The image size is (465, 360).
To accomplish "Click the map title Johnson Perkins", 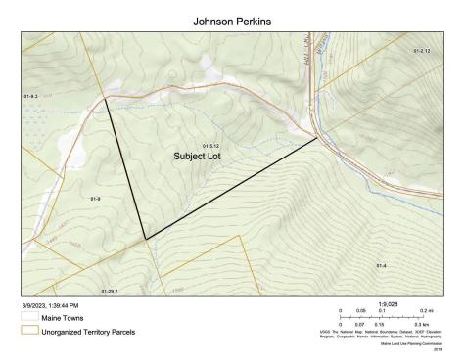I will pyautogui.click(x=232, y=20).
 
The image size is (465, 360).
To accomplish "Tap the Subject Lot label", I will pyautogui.click(x=198, y=156).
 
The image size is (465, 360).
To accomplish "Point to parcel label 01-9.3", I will pyautogui.click(x=30, y=97).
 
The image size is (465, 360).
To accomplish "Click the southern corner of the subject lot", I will pyautogui.click(x=145, y=240).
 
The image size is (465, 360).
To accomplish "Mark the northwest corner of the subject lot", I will pyautogui.click(x=106, y=100).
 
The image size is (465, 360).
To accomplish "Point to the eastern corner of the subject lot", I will pyautogui.click(x=317, y=138).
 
